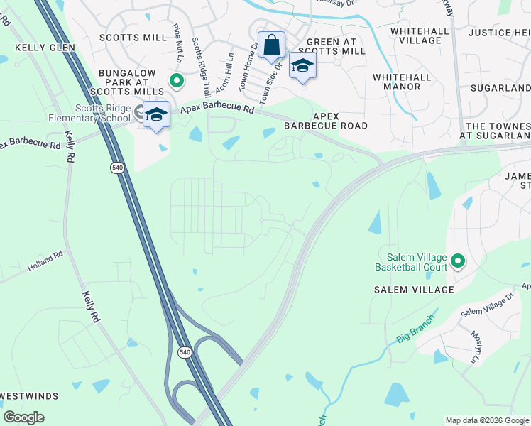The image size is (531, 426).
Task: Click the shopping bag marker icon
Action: tap(271, 46)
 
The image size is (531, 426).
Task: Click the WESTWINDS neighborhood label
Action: tap(29, 395)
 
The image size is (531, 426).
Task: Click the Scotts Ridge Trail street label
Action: tap(201, 61)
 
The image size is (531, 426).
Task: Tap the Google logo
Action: tap(23, 417)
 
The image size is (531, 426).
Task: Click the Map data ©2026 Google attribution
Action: tap(486, 420)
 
